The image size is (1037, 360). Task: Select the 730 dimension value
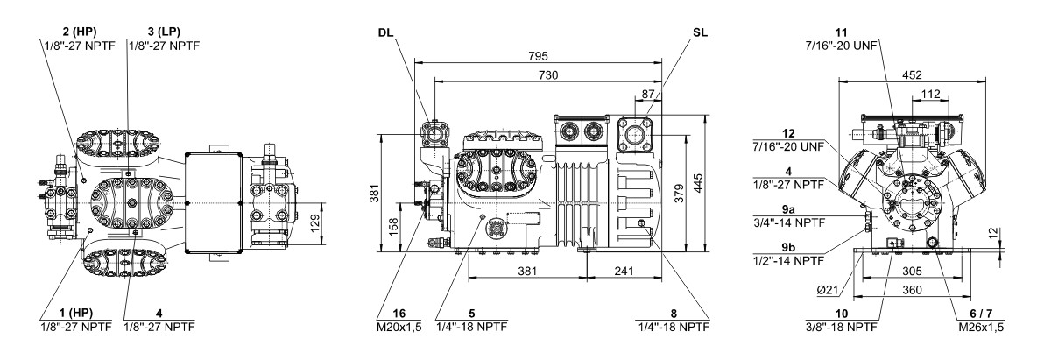point(548,75)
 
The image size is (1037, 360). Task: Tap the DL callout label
point(387,32)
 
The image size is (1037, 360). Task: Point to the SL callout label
point(700,32)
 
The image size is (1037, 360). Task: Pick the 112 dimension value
point(930,95)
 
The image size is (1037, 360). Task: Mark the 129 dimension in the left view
point(317,223)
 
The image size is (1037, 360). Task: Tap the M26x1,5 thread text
point(981,326)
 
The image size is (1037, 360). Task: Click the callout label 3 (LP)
point(164,32)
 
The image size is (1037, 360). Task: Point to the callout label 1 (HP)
point(76,313)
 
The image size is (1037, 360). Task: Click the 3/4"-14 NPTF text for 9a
point(789,222)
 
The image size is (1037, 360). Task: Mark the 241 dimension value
point(624,270)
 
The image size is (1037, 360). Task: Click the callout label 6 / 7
point(981,313)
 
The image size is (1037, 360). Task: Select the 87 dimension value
point(647,95)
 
